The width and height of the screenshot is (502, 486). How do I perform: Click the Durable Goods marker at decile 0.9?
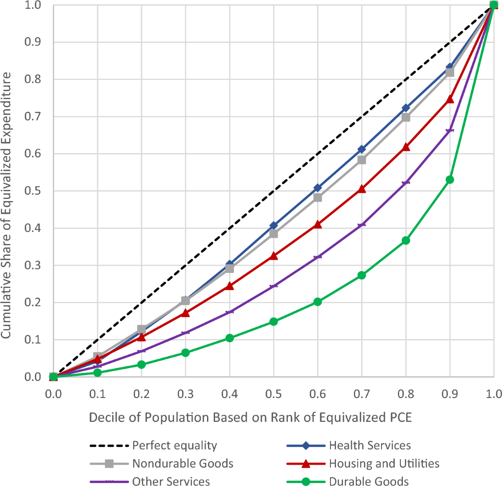(450, 180)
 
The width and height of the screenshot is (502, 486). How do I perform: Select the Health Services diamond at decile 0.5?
(274, 226)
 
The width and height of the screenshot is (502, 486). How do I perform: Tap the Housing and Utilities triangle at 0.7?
(362, 189)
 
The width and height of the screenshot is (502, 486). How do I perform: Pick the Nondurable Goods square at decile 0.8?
(406, 118)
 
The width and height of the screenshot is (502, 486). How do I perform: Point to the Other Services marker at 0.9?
(450, 131)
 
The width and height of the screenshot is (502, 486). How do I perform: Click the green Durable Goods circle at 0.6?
(318, 302)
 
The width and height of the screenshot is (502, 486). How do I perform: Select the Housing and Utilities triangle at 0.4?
(230, 286)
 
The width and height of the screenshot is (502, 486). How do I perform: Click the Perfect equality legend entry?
(174, 445)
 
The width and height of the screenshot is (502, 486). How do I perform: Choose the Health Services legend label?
(370, 445)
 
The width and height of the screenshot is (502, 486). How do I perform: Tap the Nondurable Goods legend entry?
(183, 463)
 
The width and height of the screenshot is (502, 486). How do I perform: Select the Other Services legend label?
(171, 481)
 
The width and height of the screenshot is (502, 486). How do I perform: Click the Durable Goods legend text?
(369, 481)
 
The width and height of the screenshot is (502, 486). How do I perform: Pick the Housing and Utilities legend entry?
(384, 463)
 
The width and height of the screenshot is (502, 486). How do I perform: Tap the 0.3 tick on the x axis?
(185, 394)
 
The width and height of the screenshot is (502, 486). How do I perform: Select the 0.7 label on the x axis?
(361, 394)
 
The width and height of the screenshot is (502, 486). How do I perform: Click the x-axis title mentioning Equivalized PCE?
(250, 417)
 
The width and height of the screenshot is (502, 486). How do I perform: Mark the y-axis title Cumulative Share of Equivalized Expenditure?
(6, 205)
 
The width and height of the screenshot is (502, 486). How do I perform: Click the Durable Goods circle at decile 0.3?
(185, 353)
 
